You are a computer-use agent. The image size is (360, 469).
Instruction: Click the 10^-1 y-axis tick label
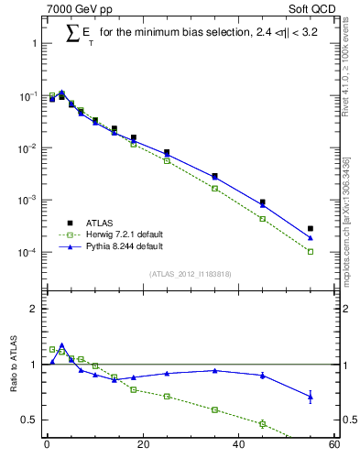[x=26, y=96]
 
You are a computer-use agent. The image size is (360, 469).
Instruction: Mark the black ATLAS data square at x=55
[x=310, y=228]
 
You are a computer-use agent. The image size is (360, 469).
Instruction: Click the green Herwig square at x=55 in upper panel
[x=310, y=251]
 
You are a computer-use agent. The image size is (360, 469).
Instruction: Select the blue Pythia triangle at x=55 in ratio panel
[x=310, y=396]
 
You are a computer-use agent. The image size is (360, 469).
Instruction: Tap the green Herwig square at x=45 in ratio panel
[x=262, y=423]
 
